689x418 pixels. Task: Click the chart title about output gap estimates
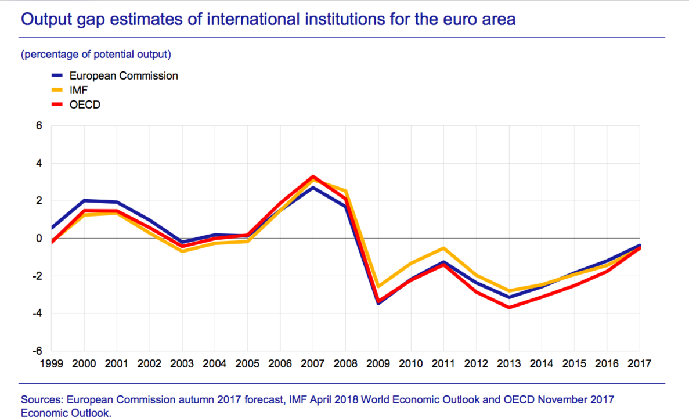click(268, 20)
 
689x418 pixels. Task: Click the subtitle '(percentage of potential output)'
click(96, 55)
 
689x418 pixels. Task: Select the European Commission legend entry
click(123, 75)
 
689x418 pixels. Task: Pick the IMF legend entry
click(78, 91)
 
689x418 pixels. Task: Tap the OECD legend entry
click(84, 105)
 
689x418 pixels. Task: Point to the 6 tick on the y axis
click(39, 125)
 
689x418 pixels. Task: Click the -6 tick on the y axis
click(38, 351)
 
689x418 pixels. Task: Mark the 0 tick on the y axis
click(39, 238)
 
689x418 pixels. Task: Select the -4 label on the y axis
click(38, 313)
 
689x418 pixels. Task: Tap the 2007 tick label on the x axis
click(313, 364)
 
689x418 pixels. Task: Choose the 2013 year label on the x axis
click(509, 364)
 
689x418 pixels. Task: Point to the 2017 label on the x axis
click(640, 364)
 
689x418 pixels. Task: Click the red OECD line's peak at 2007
click(313, 176)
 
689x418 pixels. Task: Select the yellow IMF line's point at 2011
click(444, 248)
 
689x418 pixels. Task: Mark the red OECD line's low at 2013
click(509, 307)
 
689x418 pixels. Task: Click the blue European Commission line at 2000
click(84, 200)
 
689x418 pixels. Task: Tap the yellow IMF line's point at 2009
click(378, 286)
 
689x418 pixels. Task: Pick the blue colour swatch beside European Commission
click(57, 75)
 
